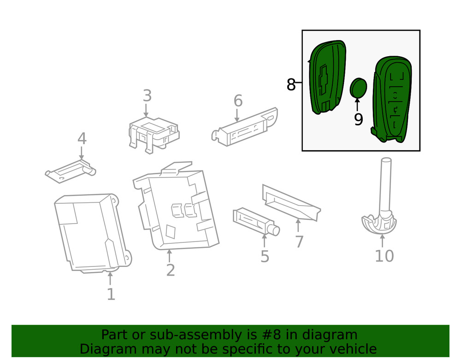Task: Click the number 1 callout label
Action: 111,294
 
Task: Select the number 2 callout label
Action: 171,270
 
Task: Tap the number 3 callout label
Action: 147,96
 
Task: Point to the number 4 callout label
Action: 82,138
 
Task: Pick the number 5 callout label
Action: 265,256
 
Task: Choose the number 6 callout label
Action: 238,100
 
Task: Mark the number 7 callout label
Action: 299,241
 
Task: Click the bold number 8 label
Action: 291,85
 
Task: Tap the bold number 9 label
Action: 358,119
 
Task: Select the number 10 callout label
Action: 384,256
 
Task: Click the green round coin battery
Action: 358,88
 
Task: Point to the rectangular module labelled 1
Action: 90,233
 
